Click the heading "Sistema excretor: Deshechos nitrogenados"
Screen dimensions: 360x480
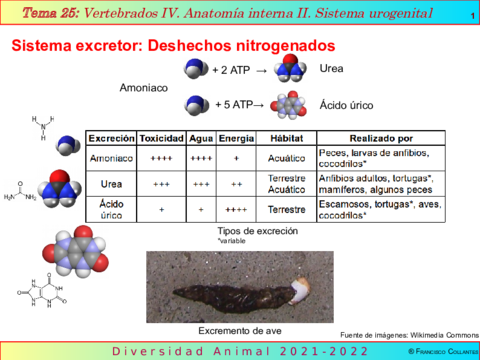[173, 47]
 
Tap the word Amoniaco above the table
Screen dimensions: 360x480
[143, 88]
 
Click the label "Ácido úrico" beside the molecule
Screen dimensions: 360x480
[348, 104]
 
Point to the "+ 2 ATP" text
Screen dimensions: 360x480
[234, 70]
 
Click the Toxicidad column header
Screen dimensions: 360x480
[160, 138]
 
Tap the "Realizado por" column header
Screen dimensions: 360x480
[381, 138]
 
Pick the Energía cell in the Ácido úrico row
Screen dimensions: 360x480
[237, 210]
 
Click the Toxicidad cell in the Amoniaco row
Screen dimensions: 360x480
[160, 158]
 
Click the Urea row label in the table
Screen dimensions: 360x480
[111, 184]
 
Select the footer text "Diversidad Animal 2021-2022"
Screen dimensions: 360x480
[239, 352]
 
